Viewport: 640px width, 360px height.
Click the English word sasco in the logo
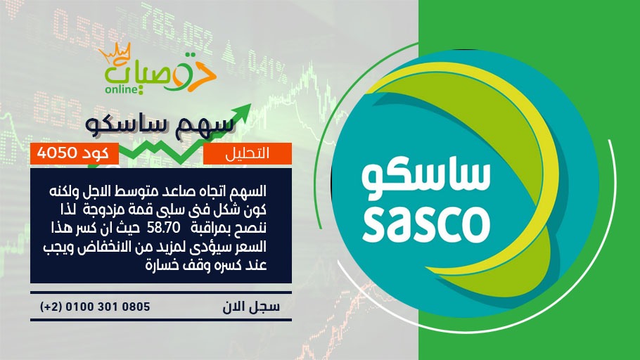coord(426,224)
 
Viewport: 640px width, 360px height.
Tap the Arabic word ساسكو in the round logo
coord(425,179)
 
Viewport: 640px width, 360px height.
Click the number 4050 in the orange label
coord(57,153)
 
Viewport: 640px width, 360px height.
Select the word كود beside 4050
coord(96,153)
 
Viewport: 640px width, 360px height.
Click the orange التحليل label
coord(247,154)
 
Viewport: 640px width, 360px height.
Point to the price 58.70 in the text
coord(163,228)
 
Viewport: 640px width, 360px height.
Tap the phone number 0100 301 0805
coord(108,307)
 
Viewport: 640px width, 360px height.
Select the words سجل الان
coord(251,307)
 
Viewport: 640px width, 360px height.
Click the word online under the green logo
coord(121,89)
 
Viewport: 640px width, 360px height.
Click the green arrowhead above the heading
coord(242,111)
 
